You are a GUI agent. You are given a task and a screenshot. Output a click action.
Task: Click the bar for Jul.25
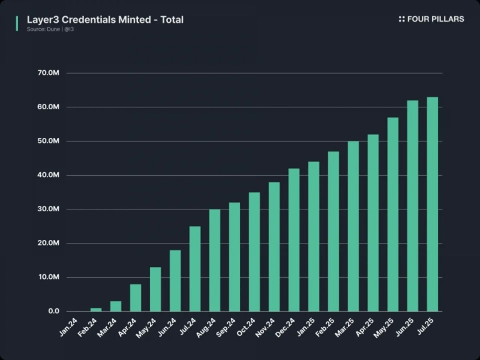pyautogui.click(x=432, y=204)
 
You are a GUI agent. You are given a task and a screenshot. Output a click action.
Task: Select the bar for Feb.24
pyautogui.click(x=96, y=310)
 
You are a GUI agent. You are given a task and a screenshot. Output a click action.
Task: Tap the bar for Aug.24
pyautogui.click(x=215, y=260)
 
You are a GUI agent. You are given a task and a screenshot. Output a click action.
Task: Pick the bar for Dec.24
pyautogui.click(x=294, y=240)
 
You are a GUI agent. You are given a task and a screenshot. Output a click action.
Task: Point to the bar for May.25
pyautogui.click(x=393, y=214)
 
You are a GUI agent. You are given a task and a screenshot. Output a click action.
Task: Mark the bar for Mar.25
pyautogui.click(x=353, y=226)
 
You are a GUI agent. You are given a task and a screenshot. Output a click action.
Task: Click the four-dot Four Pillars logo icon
pyautogui.click(x=401, y=19)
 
